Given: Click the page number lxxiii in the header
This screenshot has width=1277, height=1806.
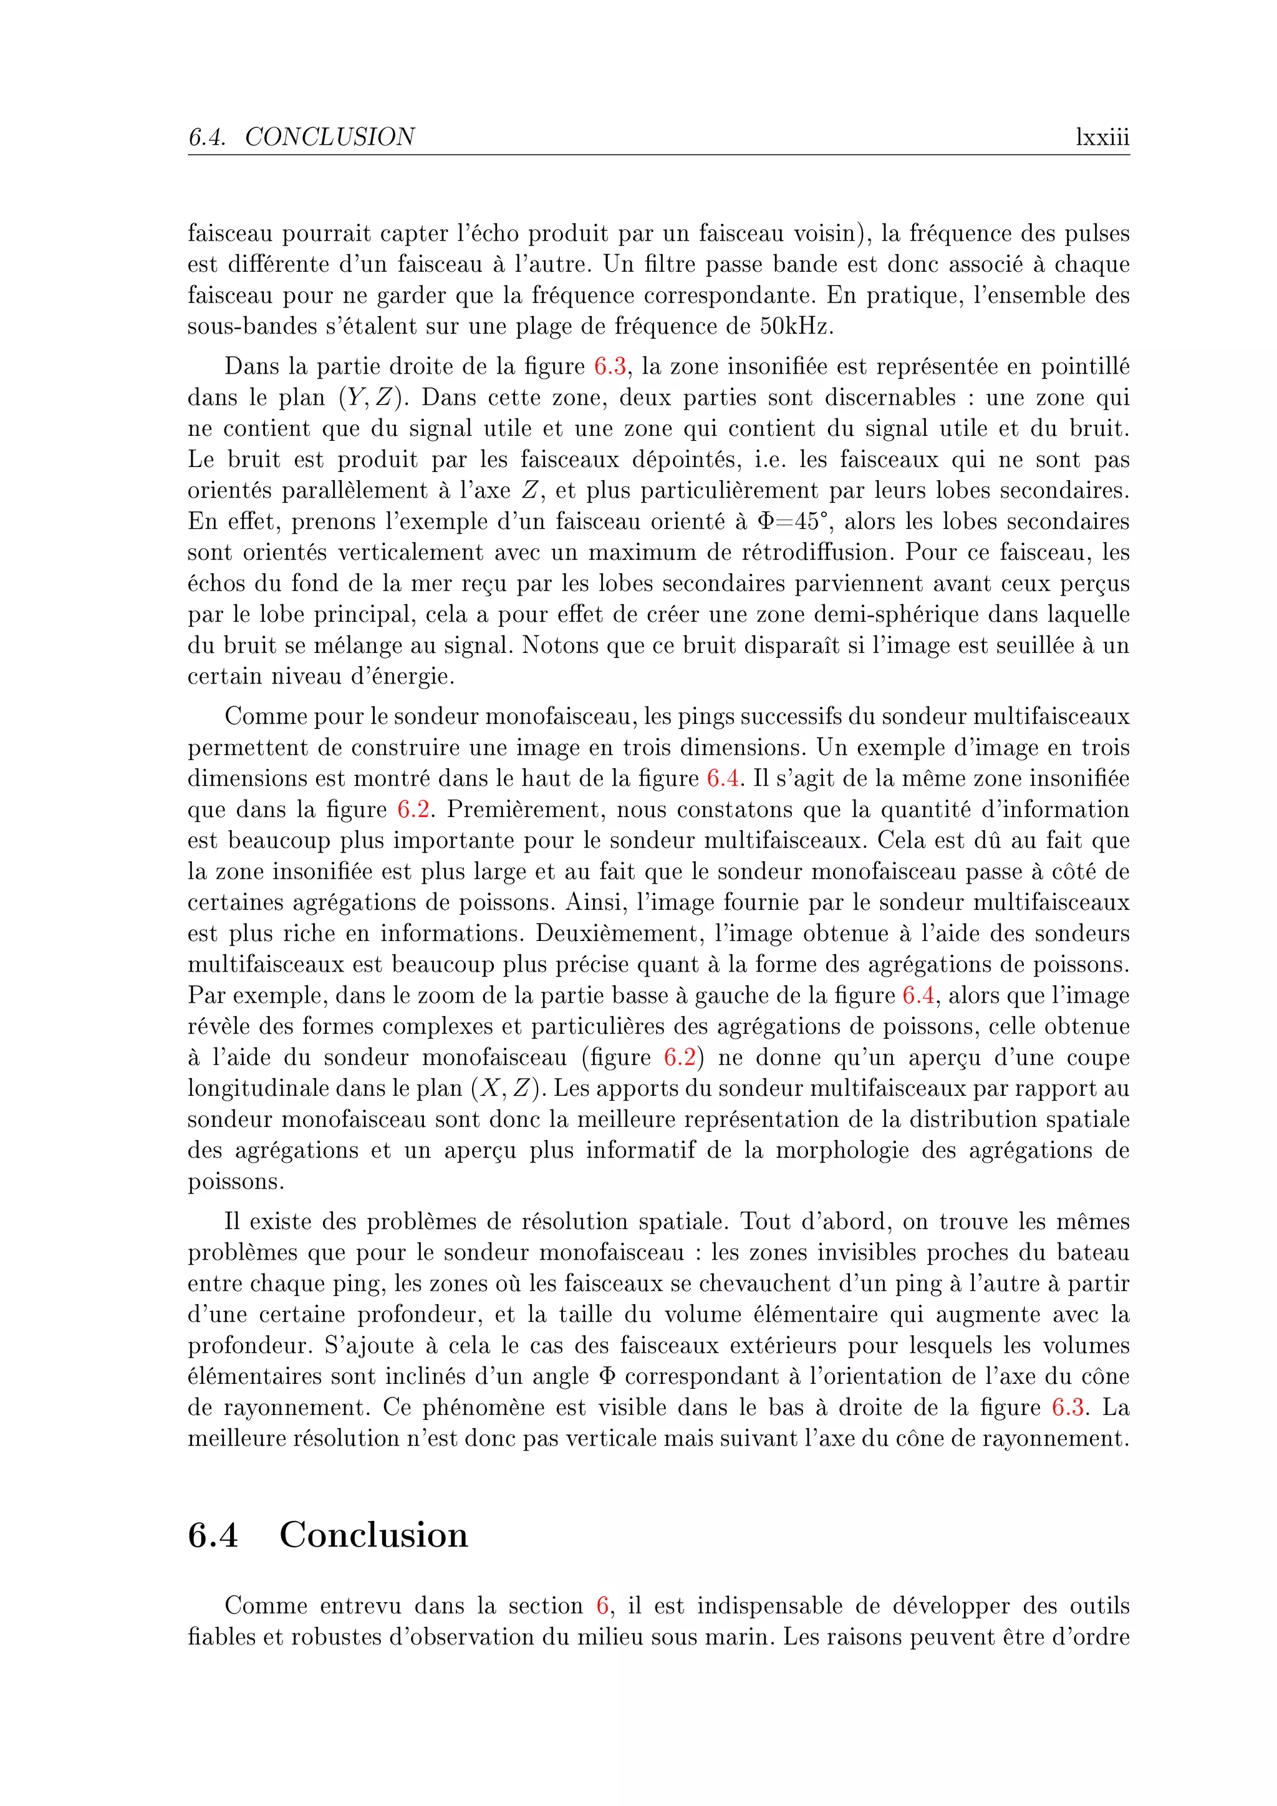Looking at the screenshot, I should (1102, 138).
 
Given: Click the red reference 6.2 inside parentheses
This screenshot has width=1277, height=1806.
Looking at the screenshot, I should (680, 1057).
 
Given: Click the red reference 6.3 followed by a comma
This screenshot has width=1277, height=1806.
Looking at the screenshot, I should (610, 367).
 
